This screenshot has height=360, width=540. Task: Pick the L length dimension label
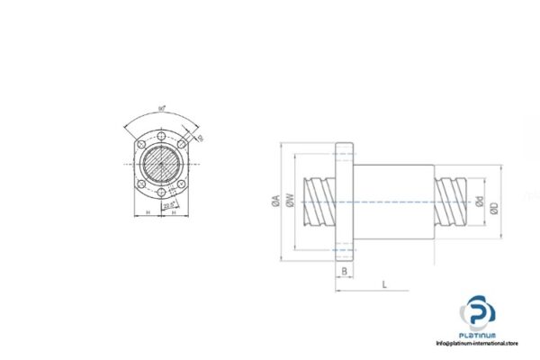click(x=384, y=284)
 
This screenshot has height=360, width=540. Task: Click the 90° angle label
click(x=161, y=109)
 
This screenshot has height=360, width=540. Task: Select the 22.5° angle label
click(x=167, y=205)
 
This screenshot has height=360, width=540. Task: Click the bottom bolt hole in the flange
click(x=161, y=193)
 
